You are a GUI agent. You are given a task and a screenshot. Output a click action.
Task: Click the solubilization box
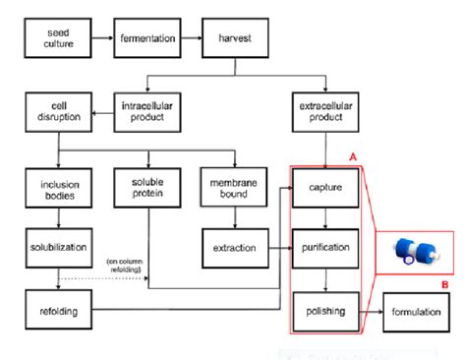click(x=58, y=246)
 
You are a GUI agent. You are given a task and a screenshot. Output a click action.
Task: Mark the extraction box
click(x=234, y=246)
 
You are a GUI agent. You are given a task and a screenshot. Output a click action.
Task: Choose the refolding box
click(x=58, y=312)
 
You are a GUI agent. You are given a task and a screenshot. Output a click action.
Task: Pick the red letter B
click(x=444, y=286)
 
